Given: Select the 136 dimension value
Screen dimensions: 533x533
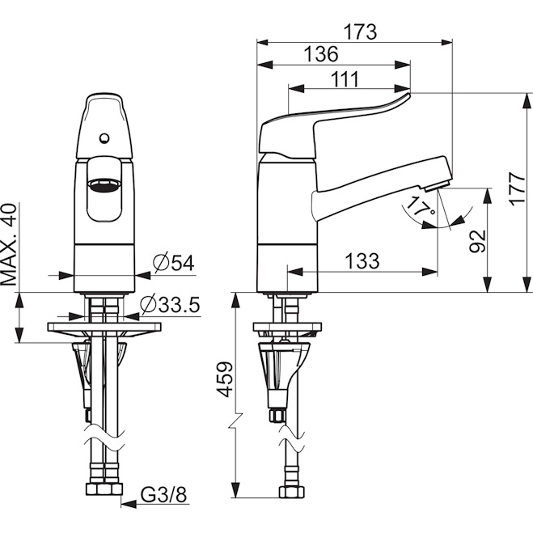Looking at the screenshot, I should (321, 54).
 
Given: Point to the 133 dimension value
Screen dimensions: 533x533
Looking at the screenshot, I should (362, 260).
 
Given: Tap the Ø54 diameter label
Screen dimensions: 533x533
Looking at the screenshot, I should (172, 263).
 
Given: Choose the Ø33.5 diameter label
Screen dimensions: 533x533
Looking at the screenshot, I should (169, 305).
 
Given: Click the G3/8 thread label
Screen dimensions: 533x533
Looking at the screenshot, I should (163, 493).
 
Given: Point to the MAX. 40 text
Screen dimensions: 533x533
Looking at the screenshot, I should (10, 244).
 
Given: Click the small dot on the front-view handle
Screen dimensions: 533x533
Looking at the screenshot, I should (104, 138).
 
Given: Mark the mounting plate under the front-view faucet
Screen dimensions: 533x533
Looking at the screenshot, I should (104, 328).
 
